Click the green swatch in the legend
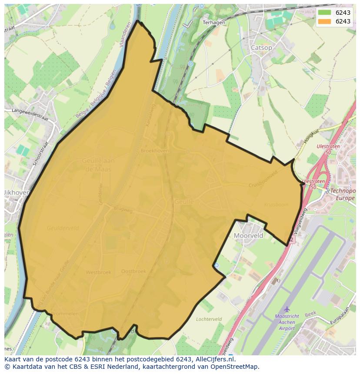[x=324, y=13]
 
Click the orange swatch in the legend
[x=324, y=21]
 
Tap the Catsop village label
[x=261, y=48]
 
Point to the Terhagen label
[x=214, y=23]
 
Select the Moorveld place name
[x=248, y=235]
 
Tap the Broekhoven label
[x=154, y=151]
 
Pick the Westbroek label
[x=98, y=272]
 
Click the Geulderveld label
[x=63, y=228]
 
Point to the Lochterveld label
[x=209, y=319]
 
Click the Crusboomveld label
[x=263, y=179]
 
